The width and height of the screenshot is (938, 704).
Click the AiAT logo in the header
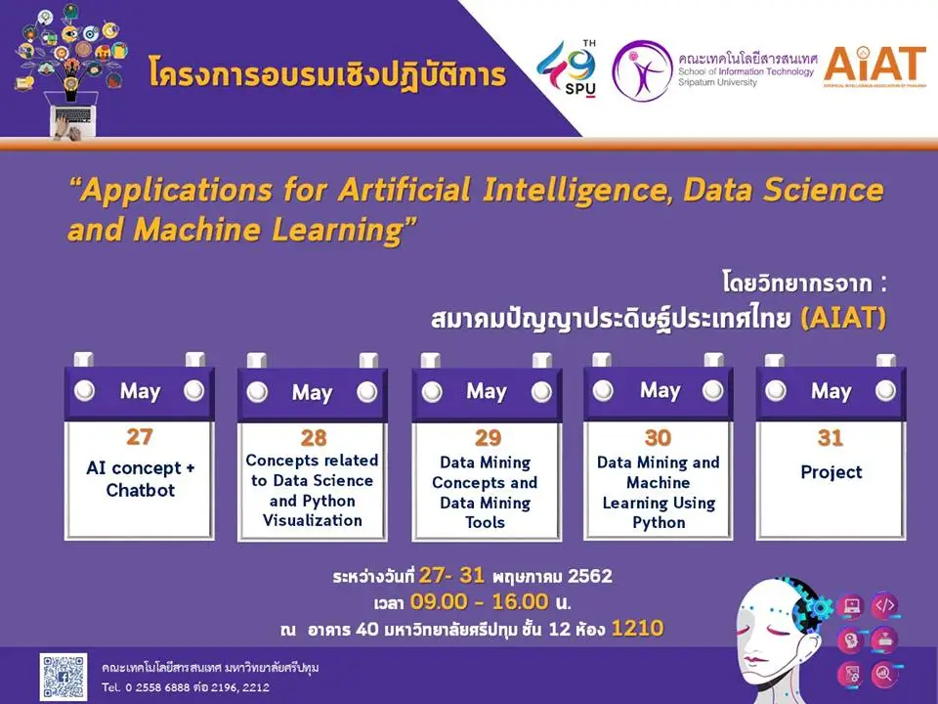[x=874, y=66]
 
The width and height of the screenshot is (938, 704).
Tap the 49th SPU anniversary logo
[x=567, y=68]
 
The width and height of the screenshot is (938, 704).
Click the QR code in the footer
[x=64, y=677]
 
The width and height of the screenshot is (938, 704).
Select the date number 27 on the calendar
[x=140, y=437]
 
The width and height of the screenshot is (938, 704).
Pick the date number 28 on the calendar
[x=314, y=438]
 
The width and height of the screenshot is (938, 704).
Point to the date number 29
[x=488, y=438]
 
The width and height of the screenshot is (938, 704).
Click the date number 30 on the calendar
[x=658, y=438]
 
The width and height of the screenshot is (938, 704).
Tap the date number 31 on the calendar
[x=831, y=438]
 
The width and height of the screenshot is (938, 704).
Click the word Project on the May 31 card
[x=831, y=472]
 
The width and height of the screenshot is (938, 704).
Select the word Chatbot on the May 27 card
[x=141, y=490]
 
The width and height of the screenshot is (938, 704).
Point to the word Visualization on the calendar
[x=313, y=520]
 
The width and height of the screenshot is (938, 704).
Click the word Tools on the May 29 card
[x=486, y=522]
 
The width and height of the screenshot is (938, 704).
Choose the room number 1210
[x=637, y=628]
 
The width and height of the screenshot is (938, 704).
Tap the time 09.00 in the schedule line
[x=439, y=601]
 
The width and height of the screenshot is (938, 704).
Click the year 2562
[x=590, y=576]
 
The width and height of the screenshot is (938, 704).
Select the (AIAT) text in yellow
[x=843, y=318]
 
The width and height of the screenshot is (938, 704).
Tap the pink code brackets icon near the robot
[x=884, y=605]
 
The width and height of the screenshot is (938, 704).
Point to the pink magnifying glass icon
[x=883, y=674]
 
